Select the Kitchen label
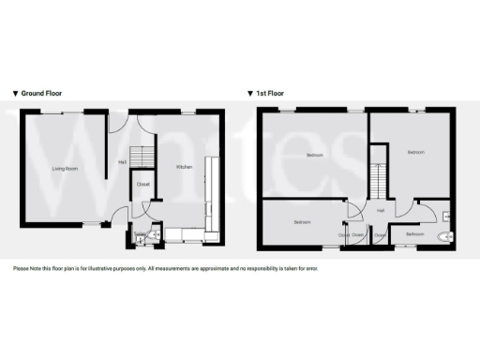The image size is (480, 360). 185,167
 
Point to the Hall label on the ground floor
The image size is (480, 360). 122,163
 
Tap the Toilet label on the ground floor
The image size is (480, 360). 140,233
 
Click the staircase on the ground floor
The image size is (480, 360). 140,157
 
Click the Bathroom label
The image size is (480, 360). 414,233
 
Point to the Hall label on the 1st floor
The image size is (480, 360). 381,210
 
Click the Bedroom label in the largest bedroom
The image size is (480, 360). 314,154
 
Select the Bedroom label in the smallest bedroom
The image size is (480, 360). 301,222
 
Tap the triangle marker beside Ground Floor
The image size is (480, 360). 15,94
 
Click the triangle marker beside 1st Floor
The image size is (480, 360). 250,94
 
